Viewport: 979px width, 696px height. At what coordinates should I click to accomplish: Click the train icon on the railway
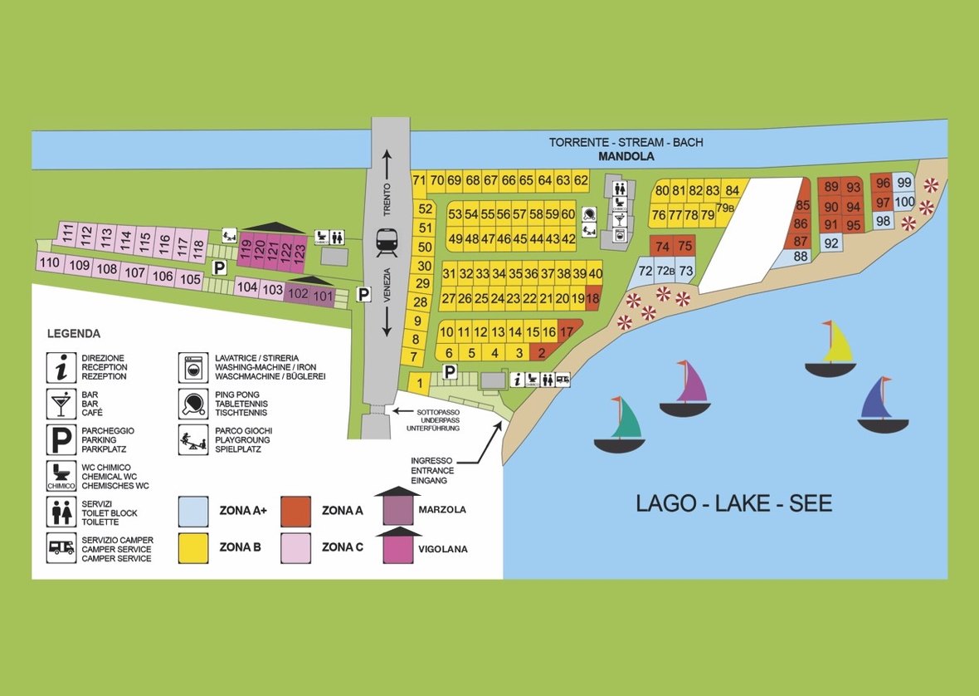click(387, 243)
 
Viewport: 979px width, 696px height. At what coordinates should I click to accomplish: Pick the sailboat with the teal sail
click(619, 425)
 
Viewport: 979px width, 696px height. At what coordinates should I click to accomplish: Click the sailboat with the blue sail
click(883, 404)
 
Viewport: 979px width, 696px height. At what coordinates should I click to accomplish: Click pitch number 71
click(419, 181)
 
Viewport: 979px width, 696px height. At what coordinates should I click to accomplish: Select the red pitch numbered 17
click(567, 331)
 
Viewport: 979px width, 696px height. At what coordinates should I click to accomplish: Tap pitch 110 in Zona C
click(49, 262)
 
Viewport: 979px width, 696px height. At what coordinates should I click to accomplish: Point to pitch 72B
click(665, 271)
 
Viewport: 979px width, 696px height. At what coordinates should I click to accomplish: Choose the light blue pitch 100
click(904, 203)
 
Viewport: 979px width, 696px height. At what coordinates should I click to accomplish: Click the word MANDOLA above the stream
click(626, 157)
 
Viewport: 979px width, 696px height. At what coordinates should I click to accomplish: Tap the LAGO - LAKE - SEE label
click(733, 503)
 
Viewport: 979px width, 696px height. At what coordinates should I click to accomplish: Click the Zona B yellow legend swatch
click(193, 548)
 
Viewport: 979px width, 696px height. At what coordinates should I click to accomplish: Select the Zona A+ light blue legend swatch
click(193, 512)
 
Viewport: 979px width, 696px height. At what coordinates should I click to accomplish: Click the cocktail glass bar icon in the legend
click(61, 404)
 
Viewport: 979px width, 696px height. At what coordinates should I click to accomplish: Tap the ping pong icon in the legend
click(193, 404)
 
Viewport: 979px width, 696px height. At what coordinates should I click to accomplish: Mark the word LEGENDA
click(74, 334)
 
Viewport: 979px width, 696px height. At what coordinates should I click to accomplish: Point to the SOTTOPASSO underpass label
click(438, 412)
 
